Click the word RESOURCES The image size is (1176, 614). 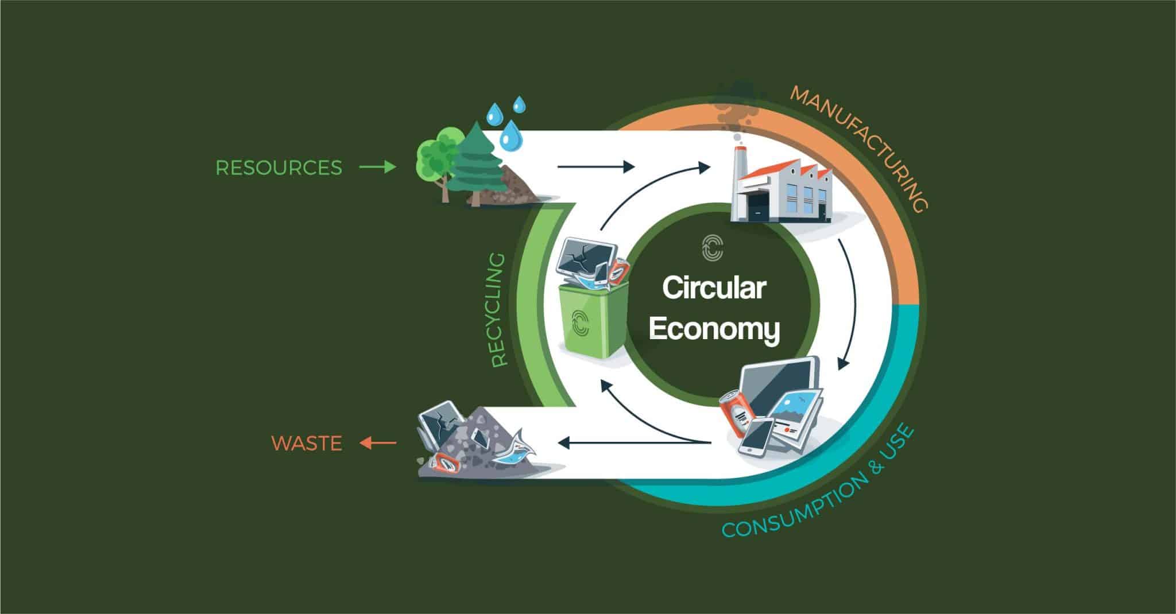tap(278, 168)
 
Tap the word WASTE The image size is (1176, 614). tap(307, 444)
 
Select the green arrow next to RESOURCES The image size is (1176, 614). tap(377, 168)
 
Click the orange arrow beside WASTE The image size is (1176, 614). tap(378, 443)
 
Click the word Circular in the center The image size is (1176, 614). tap(714, 288)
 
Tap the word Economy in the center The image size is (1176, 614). tap(714, 330)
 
